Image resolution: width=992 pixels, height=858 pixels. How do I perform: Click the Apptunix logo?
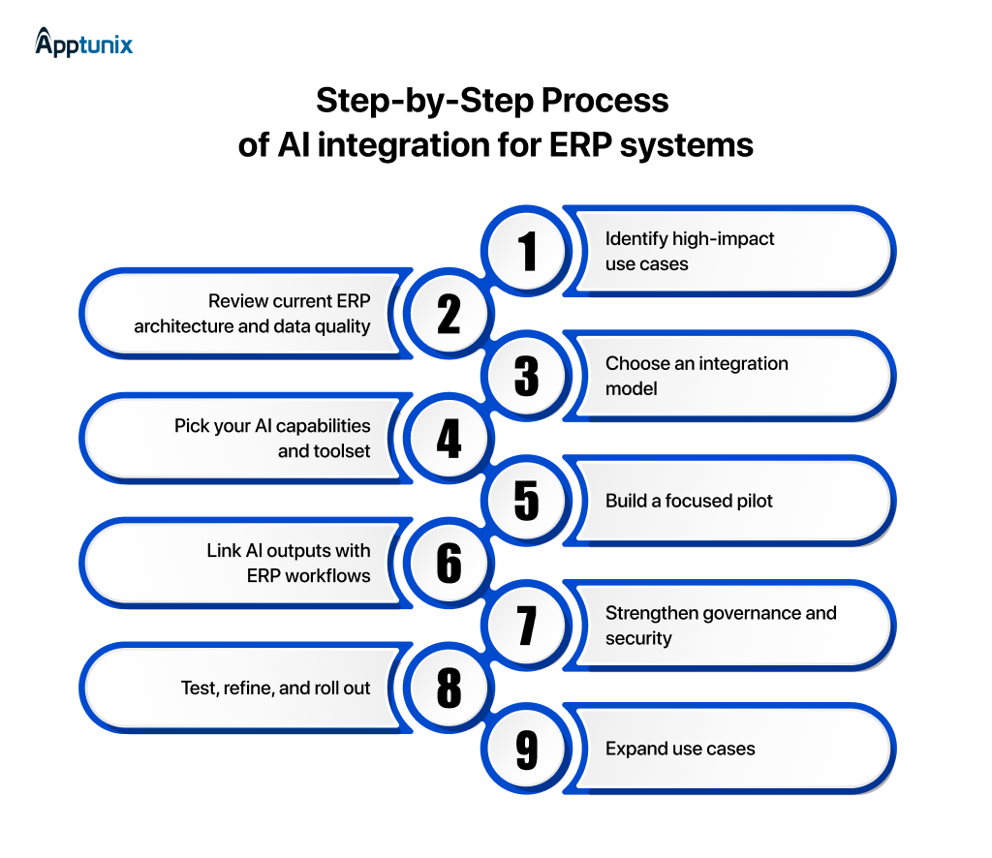coord(83,43)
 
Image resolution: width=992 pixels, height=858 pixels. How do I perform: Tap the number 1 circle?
coord(527,251)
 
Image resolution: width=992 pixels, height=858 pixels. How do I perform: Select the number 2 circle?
coord(449,314)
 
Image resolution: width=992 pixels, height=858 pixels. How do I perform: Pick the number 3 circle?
coord(527,376)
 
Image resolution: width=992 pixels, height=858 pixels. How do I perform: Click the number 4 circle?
coord(449,439)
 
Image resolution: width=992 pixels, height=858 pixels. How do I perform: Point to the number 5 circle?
coord(527,501)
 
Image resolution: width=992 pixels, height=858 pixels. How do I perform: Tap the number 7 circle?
coord(527,626)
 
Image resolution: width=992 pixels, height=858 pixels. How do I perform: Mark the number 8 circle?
coord(449,689)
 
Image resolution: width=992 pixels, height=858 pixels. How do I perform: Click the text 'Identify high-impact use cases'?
coord(690,251)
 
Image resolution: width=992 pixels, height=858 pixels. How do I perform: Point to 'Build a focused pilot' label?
coord(689,501)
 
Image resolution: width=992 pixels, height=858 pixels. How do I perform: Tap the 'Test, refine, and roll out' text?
coord(275,689)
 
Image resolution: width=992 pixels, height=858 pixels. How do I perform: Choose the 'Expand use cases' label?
coord(680,749)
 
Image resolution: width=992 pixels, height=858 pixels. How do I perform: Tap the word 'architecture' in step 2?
coord(182,326)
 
